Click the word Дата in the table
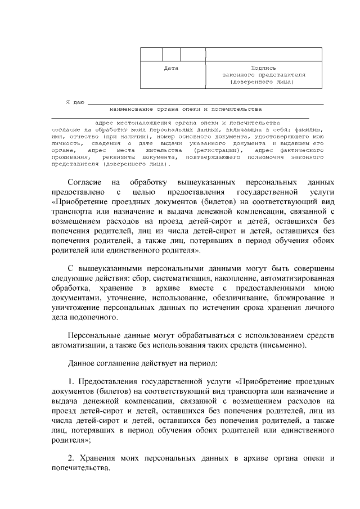coord(171,68)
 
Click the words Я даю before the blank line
coord(75,102)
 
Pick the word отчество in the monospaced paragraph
coord(83,136)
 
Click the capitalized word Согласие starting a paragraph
coord(85,183)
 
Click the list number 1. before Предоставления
coord(71,382)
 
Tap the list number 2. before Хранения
coord(71,458)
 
